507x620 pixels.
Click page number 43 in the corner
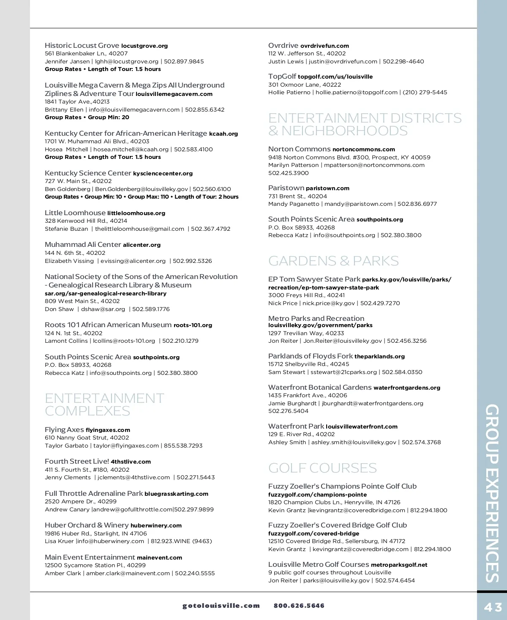point(493,607)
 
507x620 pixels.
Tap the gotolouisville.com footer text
point(221,606)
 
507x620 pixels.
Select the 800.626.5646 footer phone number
point(299,606)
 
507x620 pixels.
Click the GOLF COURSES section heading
point(322,468)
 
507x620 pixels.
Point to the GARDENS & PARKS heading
point(333,261)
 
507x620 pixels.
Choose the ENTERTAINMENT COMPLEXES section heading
point(104,404)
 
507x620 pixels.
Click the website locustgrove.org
point(144,46)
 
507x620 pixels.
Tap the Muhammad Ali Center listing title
point(83,244)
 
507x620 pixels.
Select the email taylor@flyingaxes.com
point(126,445)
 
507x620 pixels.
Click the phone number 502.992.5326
point(192,261)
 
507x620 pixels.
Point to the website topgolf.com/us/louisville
point(335,76)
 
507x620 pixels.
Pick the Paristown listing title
point(286,188)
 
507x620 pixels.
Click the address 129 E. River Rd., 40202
point(301,434)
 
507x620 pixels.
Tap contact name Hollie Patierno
point(289,92)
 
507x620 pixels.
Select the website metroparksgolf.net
point(399,565)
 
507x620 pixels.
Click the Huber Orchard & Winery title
point(87,525)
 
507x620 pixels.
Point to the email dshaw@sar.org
point(103,309)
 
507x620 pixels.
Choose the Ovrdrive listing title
point(283,45)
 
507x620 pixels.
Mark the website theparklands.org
point(379,356)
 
